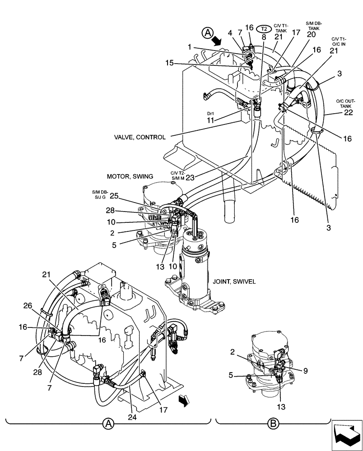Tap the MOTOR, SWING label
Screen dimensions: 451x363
pos(130,176)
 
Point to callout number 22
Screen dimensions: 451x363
pos(348,113)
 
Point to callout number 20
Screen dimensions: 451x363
pos(311,35)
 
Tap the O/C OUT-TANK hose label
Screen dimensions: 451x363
pos(345,103)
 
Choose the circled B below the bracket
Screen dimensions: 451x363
pos(272,423)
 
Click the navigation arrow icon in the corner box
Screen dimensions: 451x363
pos(347,434)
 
